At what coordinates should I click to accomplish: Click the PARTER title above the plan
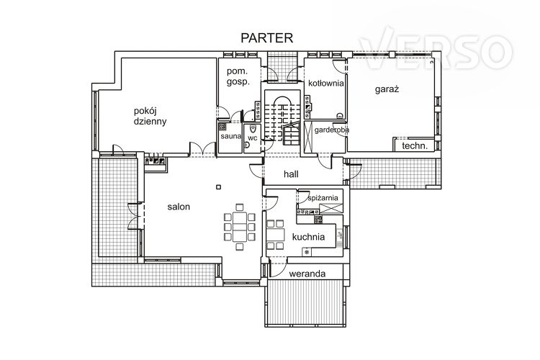click(267, 38)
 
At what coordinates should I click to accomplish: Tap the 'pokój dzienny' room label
click(150, 116)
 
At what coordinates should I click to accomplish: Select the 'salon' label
click(179, 207)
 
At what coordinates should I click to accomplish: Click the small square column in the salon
click(218, 187)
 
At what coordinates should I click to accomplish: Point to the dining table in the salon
click(240, 227)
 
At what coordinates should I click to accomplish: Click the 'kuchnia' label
click(308, 237)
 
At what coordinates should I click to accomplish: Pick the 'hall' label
click(291, 174)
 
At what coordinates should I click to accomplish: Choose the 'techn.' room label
click(415, 145)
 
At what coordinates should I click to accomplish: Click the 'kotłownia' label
click(325, 84)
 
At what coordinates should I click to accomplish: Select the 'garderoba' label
click(332, 130)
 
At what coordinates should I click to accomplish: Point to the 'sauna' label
click(230, 136)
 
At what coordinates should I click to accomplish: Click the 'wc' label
click(253, 138)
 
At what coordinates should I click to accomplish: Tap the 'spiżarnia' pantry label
click(323, 198)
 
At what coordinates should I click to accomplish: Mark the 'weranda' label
click(307, 274)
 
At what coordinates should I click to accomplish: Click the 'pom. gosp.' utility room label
click(238, 77)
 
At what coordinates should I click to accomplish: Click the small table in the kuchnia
click(276, 235)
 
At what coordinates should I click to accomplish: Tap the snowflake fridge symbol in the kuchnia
click(307, 252)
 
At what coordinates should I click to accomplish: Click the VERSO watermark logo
click(436, 48)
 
